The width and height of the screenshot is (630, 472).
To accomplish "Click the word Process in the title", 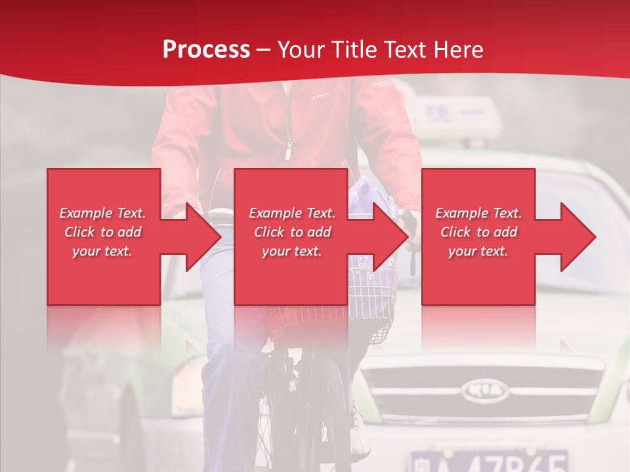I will click(206, 50).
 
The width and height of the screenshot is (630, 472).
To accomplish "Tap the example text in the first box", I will click(102, 232).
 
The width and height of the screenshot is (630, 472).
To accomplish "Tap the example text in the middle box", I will click(291, 232).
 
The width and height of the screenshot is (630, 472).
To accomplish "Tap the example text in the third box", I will click(478, 232).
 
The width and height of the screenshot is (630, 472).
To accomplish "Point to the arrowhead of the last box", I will click(578, 237).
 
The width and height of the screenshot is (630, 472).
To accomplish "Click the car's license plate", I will click(489, 460).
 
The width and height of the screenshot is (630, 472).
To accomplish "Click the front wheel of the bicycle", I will click(328, 413).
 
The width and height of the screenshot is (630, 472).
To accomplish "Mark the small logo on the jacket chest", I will click(321, 97).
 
